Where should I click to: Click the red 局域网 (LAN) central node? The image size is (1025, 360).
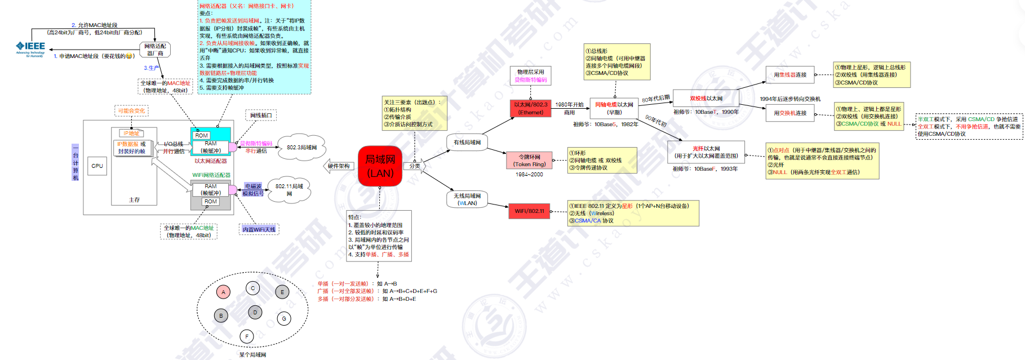[x=380, y=166]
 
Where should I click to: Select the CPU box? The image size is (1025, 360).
[x=97, y=166]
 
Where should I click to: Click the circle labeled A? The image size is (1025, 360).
[x=223, y=292]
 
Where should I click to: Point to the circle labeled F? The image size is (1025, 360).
[x=246, y=336]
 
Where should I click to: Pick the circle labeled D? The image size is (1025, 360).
[x=255, y=312]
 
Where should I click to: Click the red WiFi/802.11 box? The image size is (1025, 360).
[x=529, y=211]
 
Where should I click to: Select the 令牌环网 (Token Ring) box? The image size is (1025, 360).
[x=529, y=161]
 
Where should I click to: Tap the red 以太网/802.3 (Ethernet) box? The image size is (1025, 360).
[x=530, y=108]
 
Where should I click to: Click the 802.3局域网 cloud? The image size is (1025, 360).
[x=301, y=148]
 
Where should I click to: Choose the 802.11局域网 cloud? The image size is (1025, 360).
[x=289, y=189]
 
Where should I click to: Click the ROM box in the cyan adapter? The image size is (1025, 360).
[x=201, y=135]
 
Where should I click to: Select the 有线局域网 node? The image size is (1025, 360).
[x=467, y=143]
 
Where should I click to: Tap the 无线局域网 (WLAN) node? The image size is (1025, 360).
[x=467, y=199]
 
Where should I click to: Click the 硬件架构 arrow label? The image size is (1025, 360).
[x=339, y=166]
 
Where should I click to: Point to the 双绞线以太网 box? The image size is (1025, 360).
[x=706, y=99]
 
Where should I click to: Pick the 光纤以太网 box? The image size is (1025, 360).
[x=706, y=152]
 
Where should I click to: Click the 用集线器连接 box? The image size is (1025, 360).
[x=789, y=75]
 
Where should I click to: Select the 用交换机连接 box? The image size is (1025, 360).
[x=789, y=113]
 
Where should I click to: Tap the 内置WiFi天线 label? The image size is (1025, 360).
[x=259, y=229]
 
